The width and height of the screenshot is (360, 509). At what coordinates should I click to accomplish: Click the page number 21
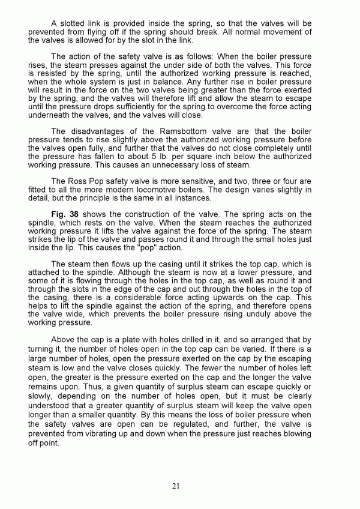click(176, 486)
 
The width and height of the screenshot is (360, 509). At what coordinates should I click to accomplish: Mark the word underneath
click(55, 115)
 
